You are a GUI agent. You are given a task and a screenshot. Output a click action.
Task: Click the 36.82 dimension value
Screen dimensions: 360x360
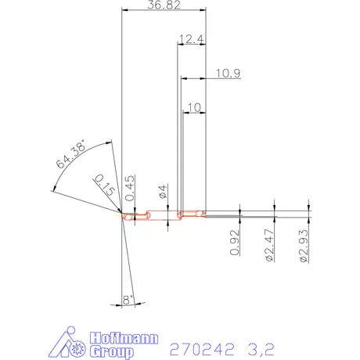(x=164, y=6)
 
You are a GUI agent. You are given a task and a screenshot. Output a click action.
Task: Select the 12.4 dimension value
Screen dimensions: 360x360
(x=191, y=39)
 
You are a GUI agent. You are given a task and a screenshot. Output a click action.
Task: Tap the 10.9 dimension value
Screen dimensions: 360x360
(x=227, y=74)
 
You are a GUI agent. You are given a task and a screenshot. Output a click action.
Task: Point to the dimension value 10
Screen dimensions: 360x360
(x=194, y=107)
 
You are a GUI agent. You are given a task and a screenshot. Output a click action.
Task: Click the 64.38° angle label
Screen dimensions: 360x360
(x=70, y=159)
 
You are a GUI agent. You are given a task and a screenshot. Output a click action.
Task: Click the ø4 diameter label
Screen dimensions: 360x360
(x=162, y=191)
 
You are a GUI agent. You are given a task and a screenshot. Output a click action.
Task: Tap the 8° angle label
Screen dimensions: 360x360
(x=129, y=298)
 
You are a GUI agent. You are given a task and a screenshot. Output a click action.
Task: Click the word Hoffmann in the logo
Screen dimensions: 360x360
(x=124, y=337)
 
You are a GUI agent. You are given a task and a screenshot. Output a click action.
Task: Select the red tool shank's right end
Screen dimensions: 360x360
(x=205, y=213)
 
